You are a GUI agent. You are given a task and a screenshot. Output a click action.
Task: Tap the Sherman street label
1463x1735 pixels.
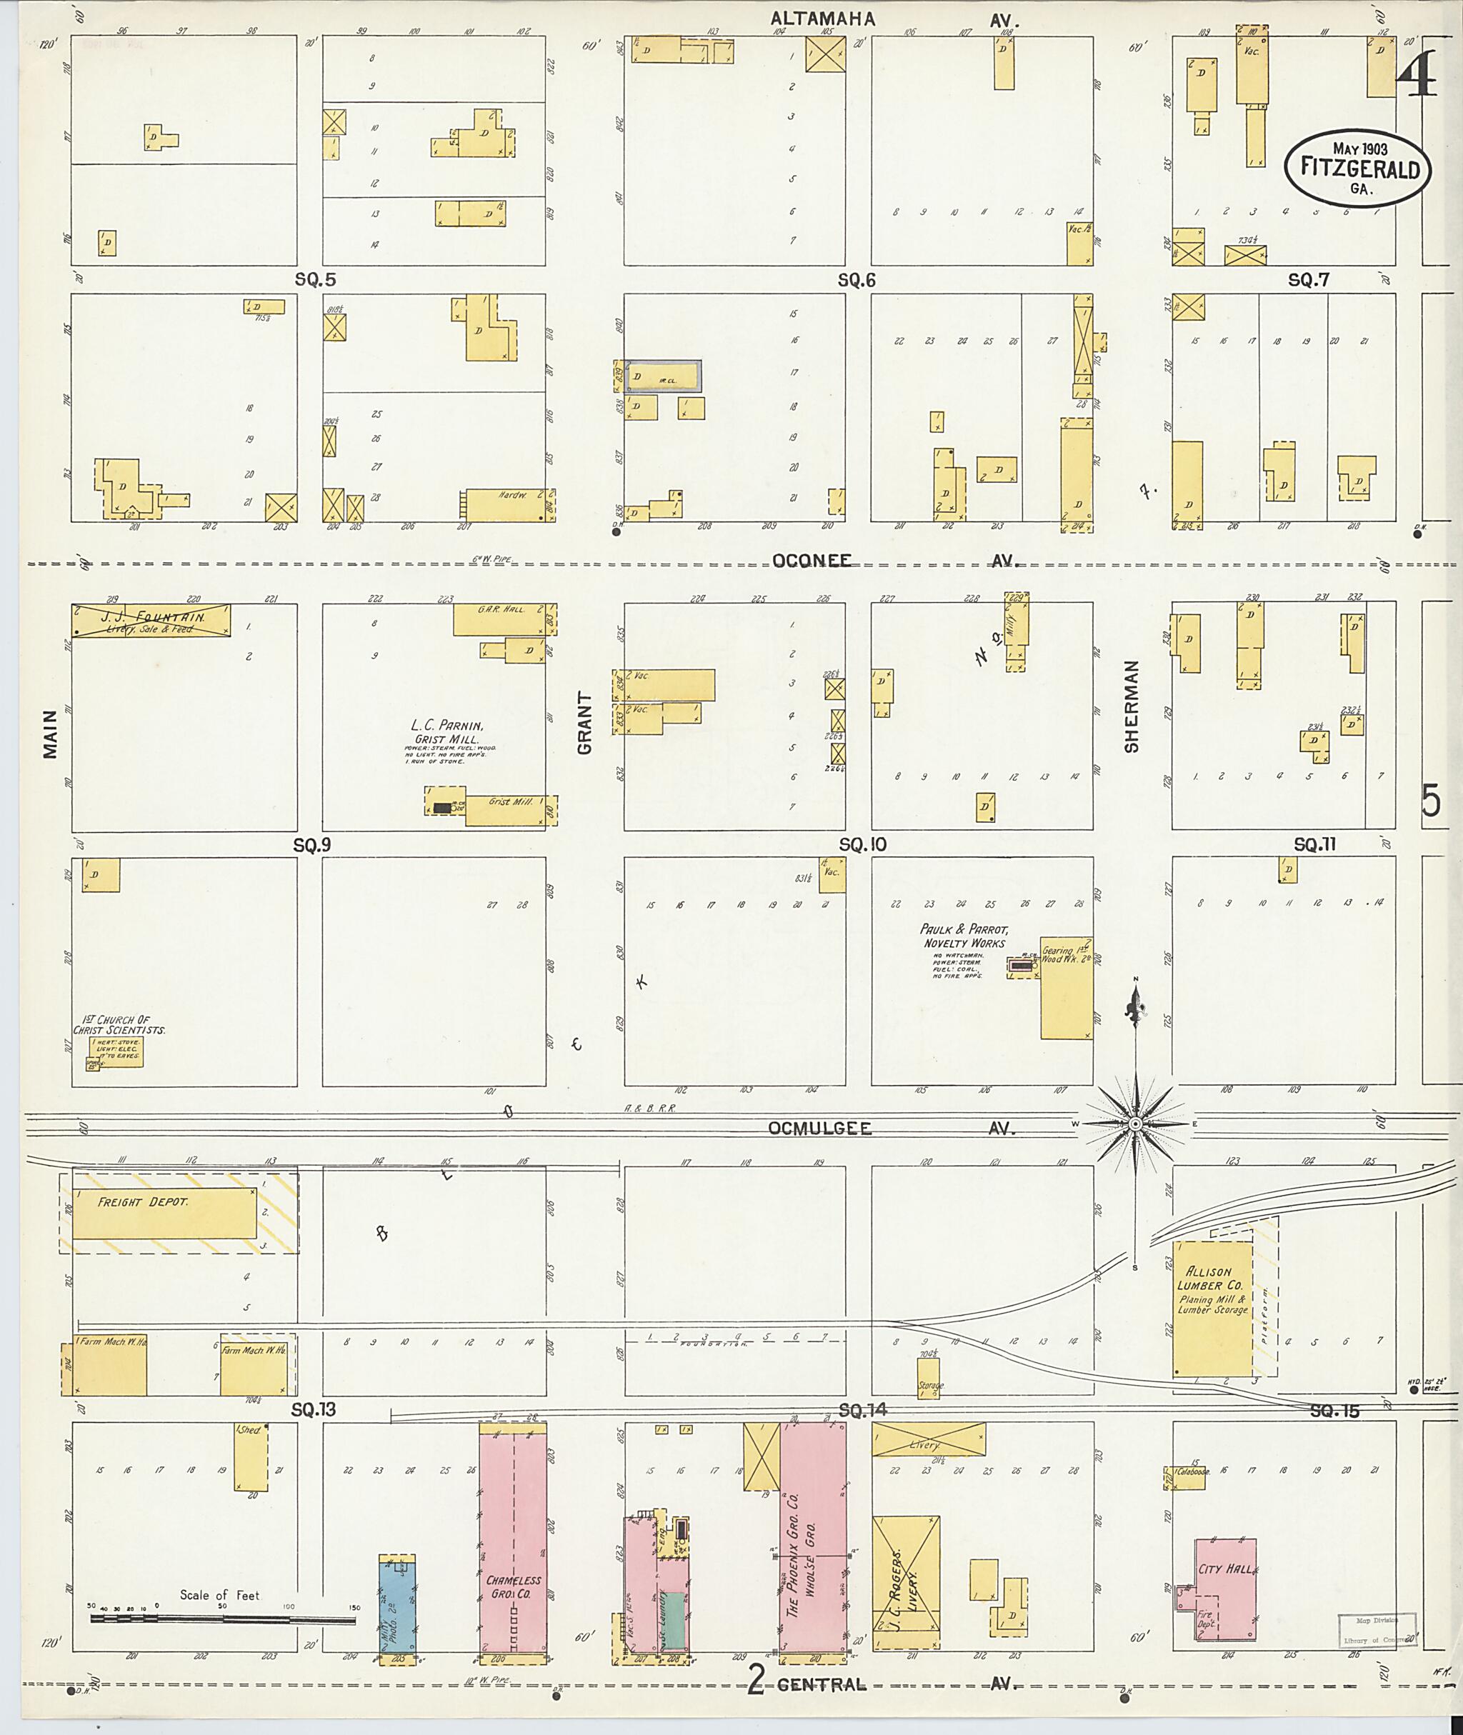1132,706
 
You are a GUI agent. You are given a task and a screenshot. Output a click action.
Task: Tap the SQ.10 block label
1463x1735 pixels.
862,844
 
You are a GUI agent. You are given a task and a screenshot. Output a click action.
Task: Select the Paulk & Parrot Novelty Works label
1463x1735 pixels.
964,936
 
